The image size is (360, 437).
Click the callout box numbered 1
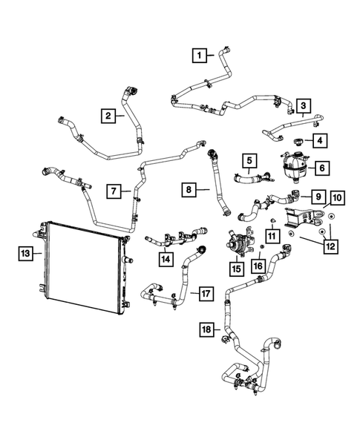(199, 55)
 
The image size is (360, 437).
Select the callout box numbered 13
(25, 253)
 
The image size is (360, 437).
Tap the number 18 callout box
(206, 329)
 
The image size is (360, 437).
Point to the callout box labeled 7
(114, 191)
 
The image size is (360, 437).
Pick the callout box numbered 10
(338, 198)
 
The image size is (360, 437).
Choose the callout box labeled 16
(258, 266)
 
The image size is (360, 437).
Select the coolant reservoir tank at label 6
(295, 167)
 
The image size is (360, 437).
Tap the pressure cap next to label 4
(298, 141)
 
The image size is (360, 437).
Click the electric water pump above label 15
(239, 243)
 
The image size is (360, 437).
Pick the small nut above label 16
(262, 246)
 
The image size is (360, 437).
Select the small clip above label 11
(272, 221)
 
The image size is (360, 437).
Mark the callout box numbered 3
(304, 105)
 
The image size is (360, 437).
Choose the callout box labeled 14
(166, 260)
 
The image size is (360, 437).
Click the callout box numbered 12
(331, 246)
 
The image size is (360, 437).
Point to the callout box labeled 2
(108, 116)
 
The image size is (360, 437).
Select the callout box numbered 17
(206, 294)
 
